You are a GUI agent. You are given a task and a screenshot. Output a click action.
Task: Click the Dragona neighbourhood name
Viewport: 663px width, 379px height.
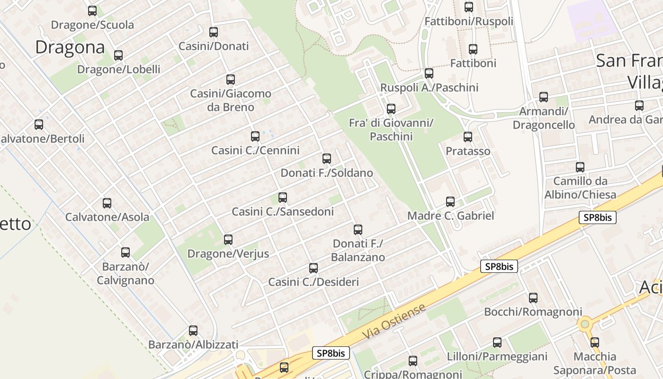(70, 47)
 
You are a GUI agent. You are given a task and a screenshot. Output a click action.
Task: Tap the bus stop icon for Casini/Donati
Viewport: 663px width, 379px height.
(214, 32)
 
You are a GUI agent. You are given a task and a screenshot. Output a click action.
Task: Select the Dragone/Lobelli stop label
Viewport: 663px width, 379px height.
(118, 69)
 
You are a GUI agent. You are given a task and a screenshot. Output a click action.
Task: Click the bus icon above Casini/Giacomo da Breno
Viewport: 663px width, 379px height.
(231, 80)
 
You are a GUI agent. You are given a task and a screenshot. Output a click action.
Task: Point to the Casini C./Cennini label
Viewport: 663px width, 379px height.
(255, 150)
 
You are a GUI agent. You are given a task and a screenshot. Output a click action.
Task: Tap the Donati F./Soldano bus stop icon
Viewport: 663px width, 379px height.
(327, 159)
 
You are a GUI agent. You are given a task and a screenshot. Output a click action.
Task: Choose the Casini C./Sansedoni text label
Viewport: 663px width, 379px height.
(282, 211)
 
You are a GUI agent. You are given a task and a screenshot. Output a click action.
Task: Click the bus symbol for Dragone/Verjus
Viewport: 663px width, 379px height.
(228, 240)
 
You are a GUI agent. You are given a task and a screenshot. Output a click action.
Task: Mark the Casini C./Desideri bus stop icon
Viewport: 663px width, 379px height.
(314, 268)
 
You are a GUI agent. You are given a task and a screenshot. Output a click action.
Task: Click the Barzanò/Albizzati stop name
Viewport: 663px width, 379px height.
(193, 344)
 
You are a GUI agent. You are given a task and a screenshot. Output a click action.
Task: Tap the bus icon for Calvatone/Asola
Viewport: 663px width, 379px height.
(107, 203)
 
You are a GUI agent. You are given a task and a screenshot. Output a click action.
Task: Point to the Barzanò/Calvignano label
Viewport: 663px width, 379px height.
(125, 273)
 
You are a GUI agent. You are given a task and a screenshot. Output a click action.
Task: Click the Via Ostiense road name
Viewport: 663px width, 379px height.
(394, 322)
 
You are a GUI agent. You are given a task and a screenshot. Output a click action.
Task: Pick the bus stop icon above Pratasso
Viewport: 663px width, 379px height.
(468, 137)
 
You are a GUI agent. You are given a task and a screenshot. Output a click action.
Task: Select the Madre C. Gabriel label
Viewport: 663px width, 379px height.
(450, 216)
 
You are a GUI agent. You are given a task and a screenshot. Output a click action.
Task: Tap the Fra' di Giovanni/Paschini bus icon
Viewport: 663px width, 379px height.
(391, 109)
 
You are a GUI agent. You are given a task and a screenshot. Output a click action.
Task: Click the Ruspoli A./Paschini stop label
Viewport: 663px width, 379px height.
(429, 88)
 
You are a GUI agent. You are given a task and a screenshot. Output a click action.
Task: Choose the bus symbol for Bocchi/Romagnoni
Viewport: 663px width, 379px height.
(533, 298)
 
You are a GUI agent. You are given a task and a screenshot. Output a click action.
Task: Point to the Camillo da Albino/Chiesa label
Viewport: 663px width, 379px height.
(580, 188)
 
